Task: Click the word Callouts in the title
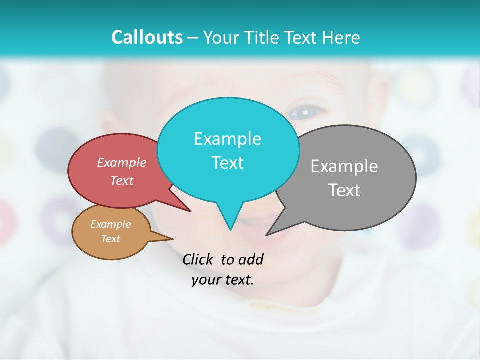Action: (147, 37)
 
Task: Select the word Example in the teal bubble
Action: (227, 139)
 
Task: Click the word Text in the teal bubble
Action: (227, 163)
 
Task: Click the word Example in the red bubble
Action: (122, 162)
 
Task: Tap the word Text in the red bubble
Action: (122, 180)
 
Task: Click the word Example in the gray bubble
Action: (344, 166)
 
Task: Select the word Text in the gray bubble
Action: (344, 190)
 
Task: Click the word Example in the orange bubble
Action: (110, 224)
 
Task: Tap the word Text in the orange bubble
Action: (110, 239)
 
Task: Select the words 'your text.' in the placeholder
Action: (223, 280)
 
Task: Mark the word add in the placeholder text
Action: (250, 259)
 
